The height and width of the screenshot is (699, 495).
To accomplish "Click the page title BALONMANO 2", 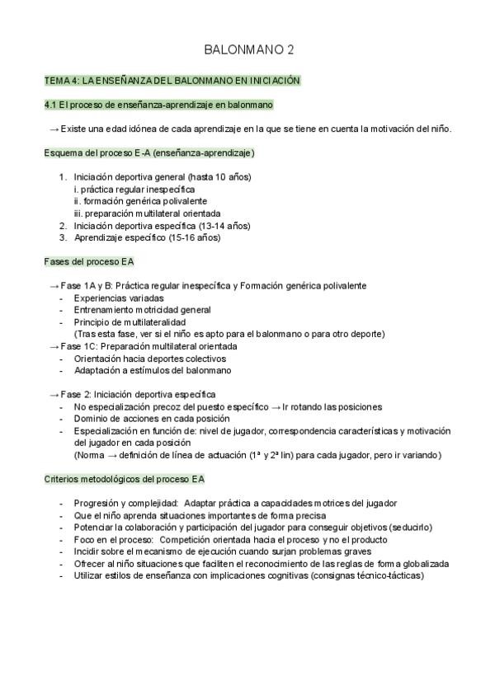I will coord(248,51).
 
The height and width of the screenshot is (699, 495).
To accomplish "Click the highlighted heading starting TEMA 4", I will coord(172,81).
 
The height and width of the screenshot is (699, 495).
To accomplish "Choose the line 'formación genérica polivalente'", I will coord(140,201).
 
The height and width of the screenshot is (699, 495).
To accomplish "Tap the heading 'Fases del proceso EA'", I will coord(89,261).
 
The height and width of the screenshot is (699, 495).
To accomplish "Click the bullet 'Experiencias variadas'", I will coord(119,298).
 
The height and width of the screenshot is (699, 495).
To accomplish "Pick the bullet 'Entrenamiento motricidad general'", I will coord(142,310).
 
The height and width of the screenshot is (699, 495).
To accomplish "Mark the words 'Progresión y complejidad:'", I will coord(126,503).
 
